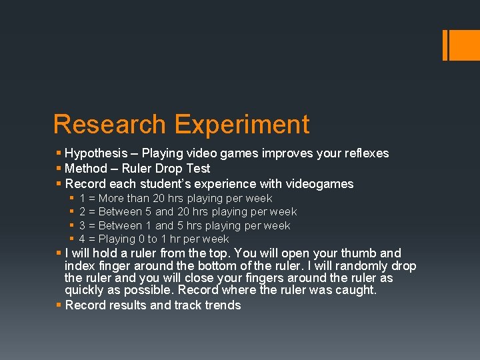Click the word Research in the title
tap(109, 125)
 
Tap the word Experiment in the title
tap(241, 125)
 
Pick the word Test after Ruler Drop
tap(199, 169)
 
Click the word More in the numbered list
tap(111, 199)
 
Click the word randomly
tap(356, 266)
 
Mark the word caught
tap(359, 291)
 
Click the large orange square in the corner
tap(464, 45)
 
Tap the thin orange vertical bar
tap(445, 45)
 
